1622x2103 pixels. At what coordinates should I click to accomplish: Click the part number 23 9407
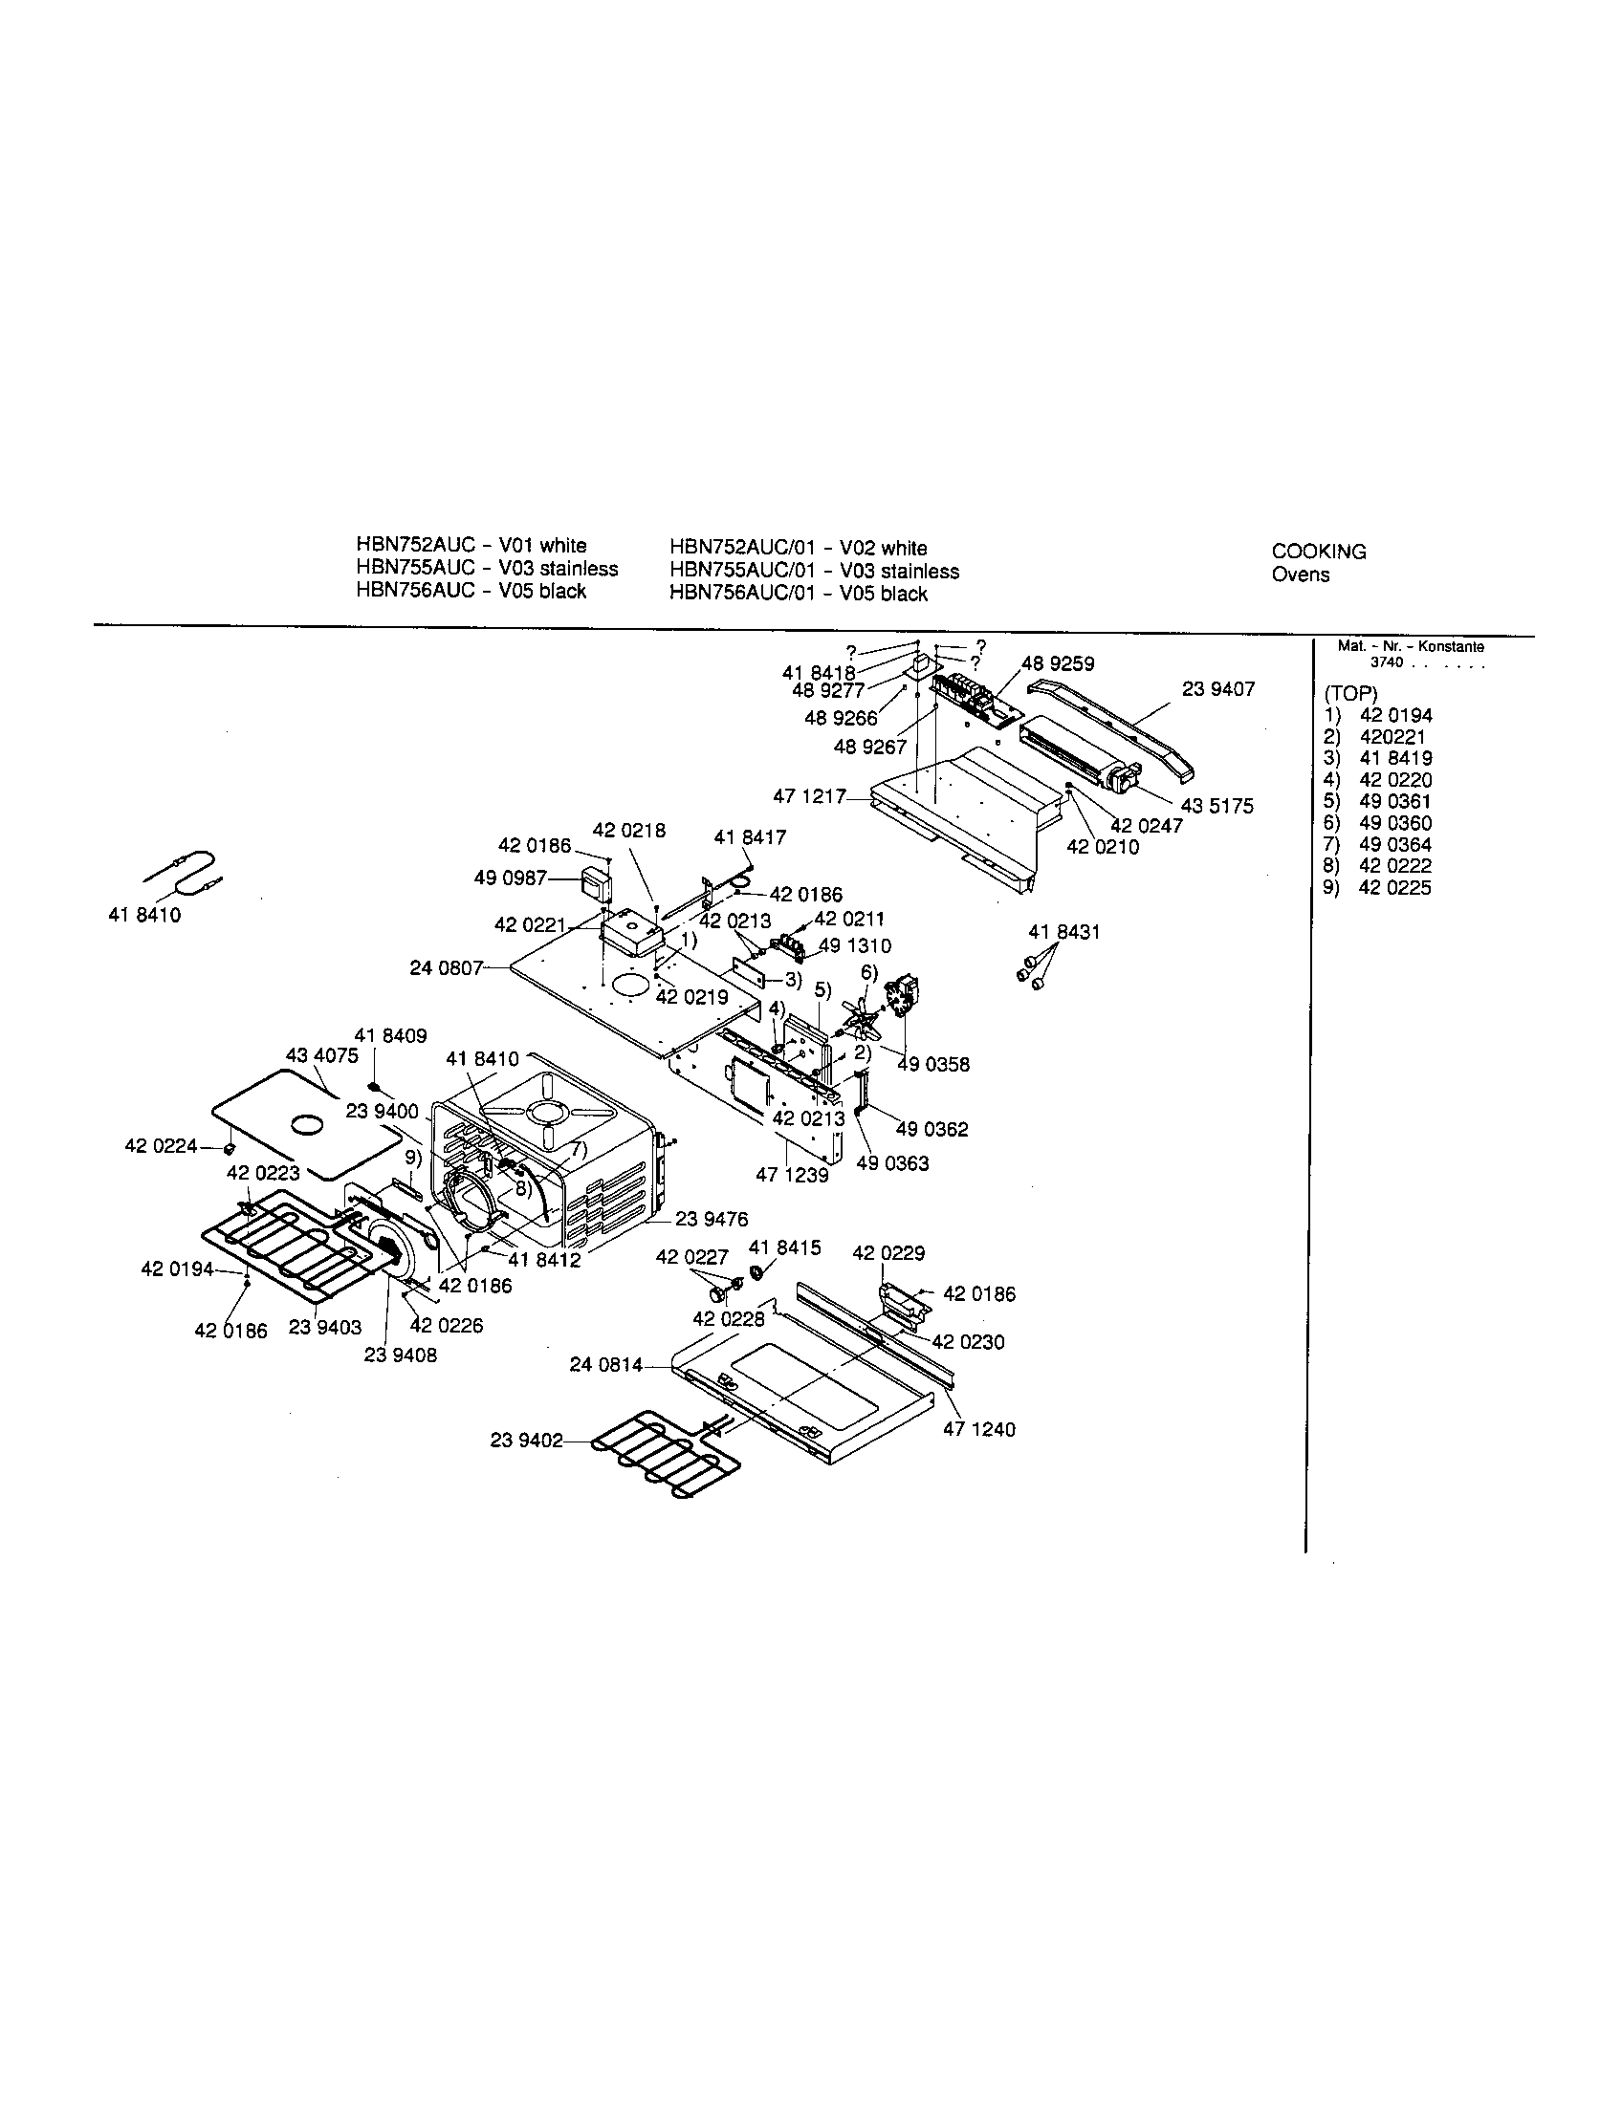pos(1217,689)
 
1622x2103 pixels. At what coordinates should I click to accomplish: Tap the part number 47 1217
pos(809,796)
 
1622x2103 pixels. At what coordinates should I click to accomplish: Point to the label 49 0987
pos(511,878)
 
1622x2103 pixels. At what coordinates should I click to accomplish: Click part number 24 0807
pos(446,967)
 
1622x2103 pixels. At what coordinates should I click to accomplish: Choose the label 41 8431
pos(1063,932)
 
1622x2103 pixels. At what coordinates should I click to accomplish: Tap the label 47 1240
pos(978,1429)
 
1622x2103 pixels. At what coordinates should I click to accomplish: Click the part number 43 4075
pos(321,1055)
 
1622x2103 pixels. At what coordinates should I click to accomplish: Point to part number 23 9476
pos(711,1219)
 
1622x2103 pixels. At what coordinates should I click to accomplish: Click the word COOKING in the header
pos(1319,552)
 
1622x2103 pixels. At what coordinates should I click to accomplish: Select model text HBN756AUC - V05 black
pos(471,591)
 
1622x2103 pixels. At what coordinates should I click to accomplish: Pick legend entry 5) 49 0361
pos(1377,801)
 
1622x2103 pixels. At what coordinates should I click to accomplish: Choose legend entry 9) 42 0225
pos(1377,888)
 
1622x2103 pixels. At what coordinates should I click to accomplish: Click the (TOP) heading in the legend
pos(1350,694)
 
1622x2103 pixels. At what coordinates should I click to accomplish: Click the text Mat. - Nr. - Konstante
pos(1410,647)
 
